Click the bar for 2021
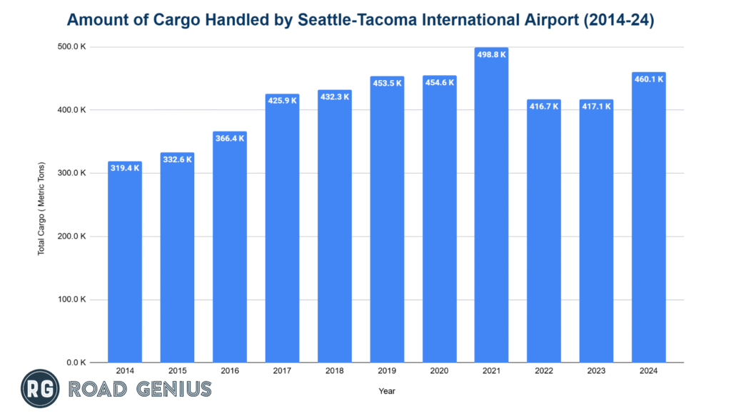[x=491, y=207]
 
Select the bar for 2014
[x=125, y=264]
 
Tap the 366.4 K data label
[x=230, y=138]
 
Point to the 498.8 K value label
[x=491, y=54]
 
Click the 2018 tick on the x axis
[x=335, y=372]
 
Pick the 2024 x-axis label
[x=649, y=372]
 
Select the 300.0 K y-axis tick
[x=72, y=173]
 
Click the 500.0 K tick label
[x=72, y=47]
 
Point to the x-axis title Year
[x=387, y=391]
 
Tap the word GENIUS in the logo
[x=172, y=389]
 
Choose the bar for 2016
[x=230, y=250]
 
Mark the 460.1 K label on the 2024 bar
[x=649, y=79]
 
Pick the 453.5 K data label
[x=387, y=83]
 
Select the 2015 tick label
[x=177, y=372]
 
